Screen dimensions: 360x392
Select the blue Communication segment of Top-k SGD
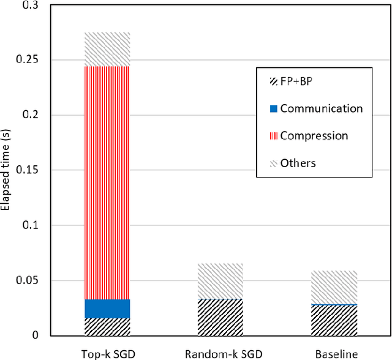(107, 309)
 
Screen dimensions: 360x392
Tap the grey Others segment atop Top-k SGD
(107, 49)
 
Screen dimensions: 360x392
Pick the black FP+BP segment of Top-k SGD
(107, 326)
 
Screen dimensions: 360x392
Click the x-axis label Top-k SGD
(107, 353)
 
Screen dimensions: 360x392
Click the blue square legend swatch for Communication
(274, 108)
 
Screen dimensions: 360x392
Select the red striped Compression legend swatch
(274, 135)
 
